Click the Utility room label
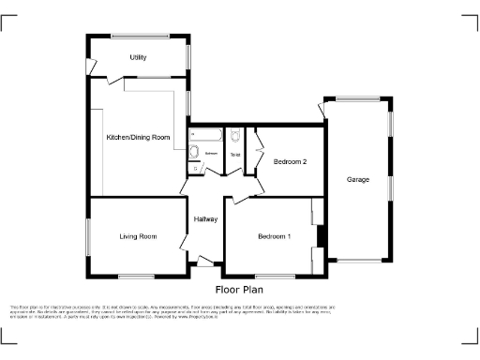(138, 57)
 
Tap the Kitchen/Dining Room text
(139, 138)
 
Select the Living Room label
(137, 236)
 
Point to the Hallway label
(205, 219)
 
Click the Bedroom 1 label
(274, 236)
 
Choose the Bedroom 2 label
(290, 162)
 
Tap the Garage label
(357, 179)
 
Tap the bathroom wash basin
(193, 153)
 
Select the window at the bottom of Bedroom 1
(273, 276)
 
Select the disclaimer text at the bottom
(240, 311)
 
